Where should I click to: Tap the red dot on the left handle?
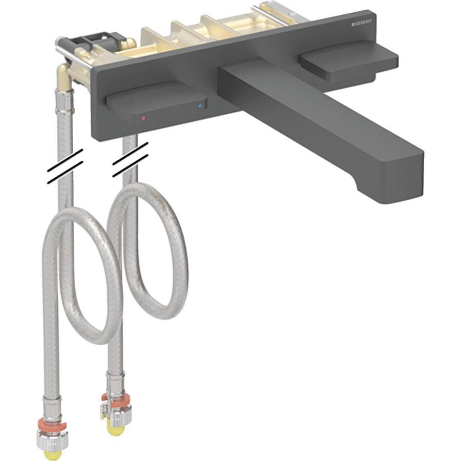click(144, 118)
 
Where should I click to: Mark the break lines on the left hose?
click(65, 166)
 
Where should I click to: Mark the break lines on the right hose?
click(130, 159)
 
